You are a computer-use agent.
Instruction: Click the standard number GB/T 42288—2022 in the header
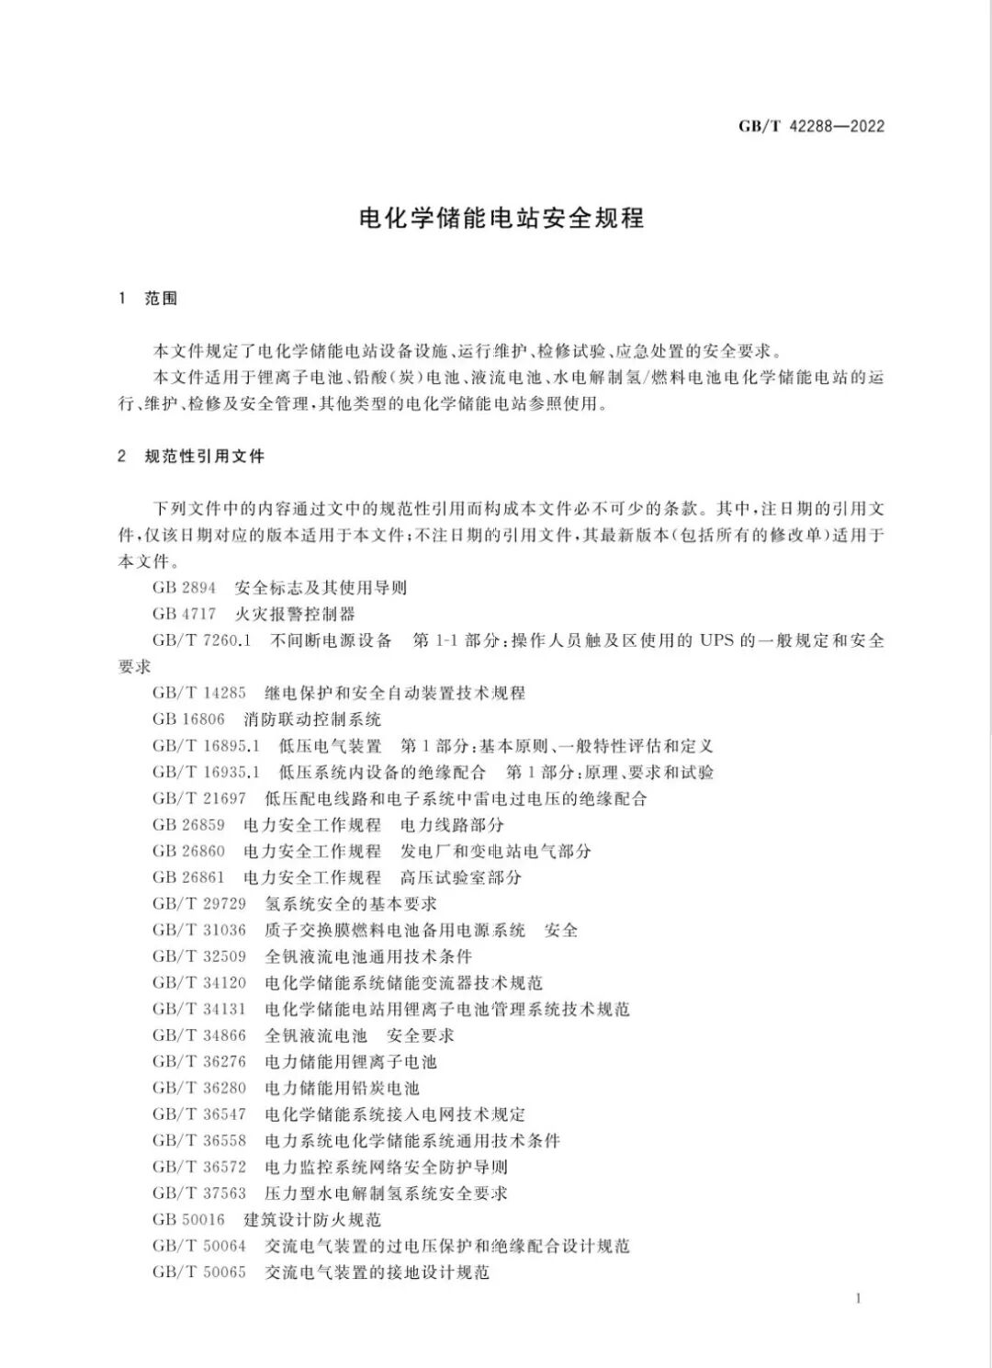click(x=811, y=126)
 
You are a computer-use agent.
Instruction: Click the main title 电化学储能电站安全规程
click(x=502, y=219)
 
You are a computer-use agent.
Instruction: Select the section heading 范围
click(x=161, y=299)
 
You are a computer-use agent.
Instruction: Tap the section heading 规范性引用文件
click(x=205, y=456)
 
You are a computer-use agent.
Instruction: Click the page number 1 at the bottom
click(x=858, y=1298)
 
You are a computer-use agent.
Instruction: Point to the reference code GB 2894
click(x=185, y=588)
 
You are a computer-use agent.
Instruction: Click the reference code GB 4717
click(x=185, y=614)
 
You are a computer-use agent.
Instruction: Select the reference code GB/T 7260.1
click(x=202, y=640)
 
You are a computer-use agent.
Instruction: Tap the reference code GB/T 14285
click(x=199, y=693)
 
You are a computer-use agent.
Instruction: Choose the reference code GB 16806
click(x=189, y=719)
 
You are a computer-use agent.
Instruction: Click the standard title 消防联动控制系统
click(x=312, y=719)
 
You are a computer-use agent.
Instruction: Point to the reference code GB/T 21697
click(x=199, y=798)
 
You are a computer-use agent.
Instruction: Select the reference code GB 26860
click(x=189, y=851)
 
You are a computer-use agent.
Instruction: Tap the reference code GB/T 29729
click(x=199, y=904)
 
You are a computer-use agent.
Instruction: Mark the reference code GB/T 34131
click(x=199, y=1009)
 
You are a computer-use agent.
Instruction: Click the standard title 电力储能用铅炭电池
click(x=342, y=1088)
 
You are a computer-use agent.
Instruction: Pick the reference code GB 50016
click(x=189, y=1220)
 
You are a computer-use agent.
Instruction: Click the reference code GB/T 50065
click(x=199, y=1272)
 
